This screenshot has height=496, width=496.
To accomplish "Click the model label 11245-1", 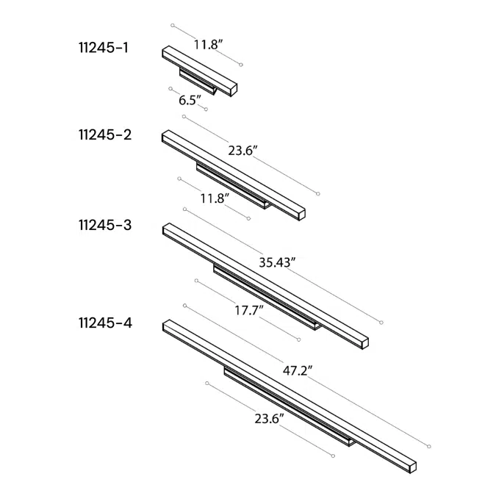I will [103, 48].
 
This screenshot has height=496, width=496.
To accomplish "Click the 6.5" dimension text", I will [190, 100].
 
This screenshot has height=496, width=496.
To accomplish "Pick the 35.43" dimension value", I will [277, 262].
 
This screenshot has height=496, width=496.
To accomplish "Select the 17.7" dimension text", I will [249, 311].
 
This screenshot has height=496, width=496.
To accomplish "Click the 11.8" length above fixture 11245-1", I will [208, 45].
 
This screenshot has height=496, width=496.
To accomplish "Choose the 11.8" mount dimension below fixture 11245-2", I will [215, 197].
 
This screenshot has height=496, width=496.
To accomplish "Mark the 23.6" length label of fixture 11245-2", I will [242, 151].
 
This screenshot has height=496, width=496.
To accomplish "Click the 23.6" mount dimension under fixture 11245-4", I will [270, 419].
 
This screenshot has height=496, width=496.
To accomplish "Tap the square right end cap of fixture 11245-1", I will [233, 89].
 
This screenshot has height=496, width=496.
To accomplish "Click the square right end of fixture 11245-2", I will [301, 214].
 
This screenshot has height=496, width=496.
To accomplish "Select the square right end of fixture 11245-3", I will [364, 342].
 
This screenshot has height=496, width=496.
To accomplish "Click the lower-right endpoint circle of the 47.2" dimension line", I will [429, 446].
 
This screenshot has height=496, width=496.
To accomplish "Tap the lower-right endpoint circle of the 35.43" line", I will [381, 323].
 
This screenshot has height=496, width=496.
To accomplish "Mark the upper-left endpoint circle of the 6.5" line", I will [170, 89].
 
